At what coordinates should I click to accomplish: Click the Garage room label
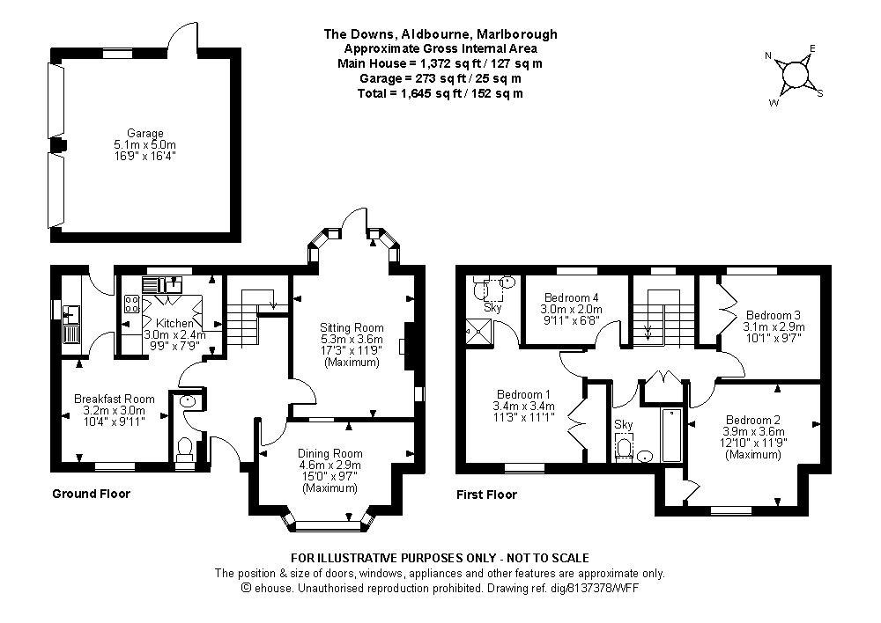coord(144,134)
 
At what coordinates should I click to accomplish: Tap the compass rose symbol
coord(796,75)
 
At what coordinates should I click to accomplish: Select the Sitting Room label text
coord(352,327)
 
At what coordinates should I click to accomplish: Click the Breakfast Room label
coord(115,399)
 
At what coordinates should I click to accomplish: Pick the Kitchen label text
coord(174,324)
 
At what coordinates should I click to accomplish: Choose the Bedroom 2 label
coord(754,420)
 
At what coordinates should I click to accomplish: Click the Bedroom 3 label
coord(774,315)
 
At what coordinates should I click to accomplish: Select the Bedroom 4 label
coord(572,297)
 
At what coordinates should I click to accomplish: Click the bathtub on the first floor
coord(672,435)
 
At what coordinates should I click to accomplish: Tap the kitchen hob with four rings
coord(133,304)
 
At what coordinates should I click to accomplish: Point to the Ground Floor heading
coord(91,494)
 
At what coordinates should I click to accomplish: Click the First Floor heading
coord(486,495)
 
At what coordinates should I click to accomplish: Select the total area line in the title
coord(441,92)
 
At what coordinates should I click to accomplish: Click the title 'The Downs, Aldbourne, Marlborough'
coord(440,34)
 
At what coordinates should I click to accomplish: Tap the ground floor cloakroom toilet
coord(185,450)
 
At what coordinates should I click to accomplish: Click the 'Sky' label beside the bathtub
coord(624,424)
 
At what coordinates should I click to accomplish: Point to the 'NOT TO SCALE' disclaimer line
coord(440,558)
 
